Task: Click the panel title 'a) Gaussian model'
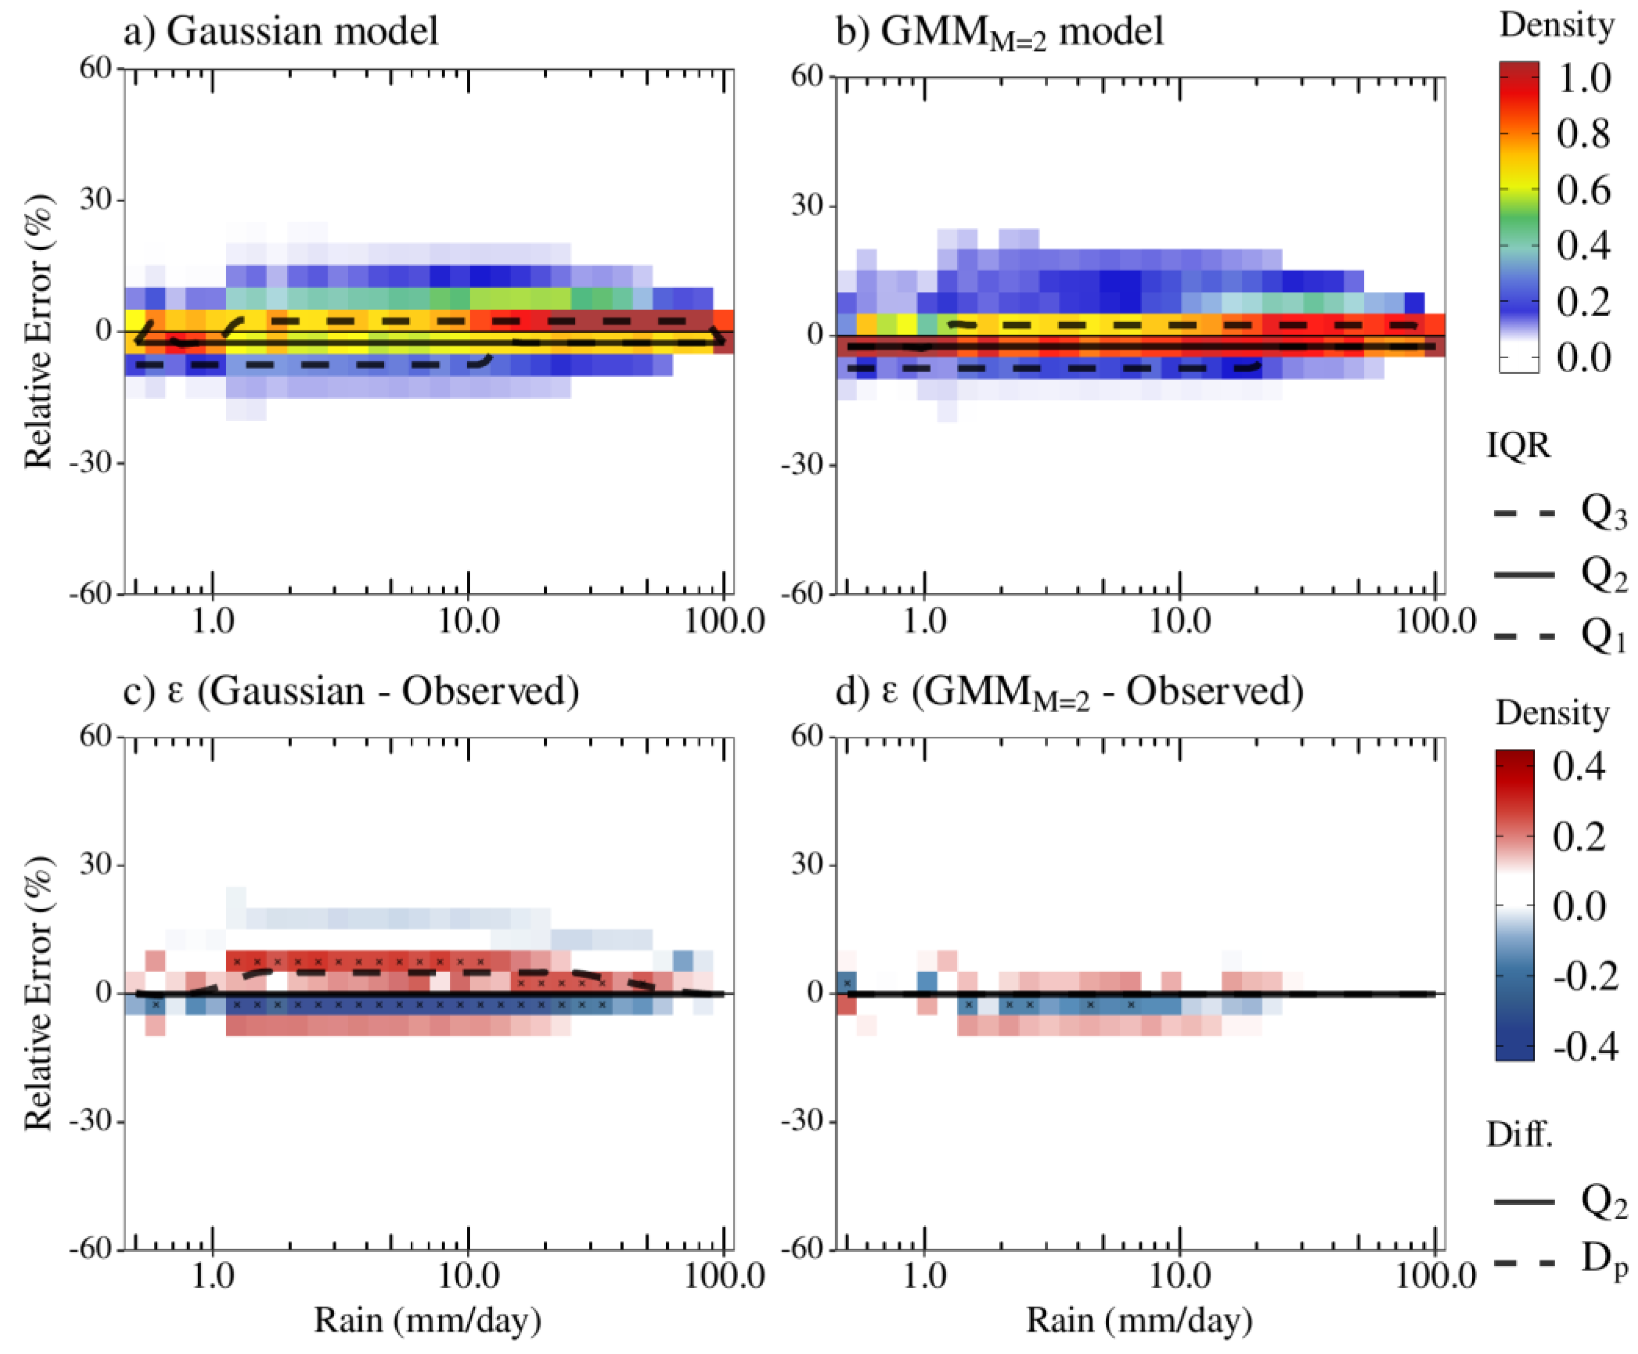pos(281,31)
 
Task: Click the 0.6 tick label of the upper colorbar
pos(1583,190)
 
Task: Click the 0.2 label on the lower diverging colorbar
pos(1580,837)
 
